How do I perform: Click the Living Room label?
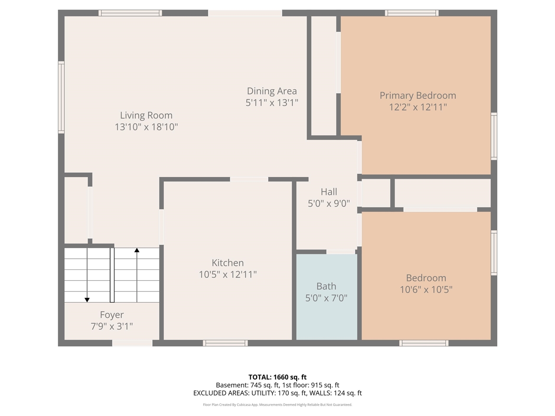[146, 115]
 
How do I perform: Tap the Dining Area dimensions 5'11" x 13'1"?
[272, 103]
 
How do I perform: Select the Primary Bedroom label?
[418, 95]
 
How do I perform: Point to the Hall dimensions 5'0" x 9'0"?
[329, 203]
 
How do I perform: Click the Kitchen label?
[228, 263]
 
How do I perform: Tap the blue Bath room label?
[326, 286]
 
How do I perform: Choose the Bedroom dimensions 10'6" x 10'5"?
[426, 289]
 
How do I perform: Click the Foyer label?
[112, 315]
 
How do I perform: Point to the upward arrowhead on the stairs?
[137, 250]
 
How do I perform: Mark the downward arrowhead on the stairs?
[87, 299]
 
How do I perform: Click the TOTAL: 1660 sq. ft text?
[277, 377]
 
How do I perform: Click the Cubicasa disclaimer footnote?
[277, 405]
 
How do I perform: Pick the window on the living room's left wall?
[61, 97]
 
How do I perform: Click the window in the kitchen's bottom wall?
[225, 343]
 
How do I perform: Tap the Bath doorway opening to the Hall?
[341, 252]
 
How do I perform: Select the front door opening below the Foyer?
[132, 343]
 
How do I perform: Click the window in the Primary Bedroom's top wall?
[411, 13]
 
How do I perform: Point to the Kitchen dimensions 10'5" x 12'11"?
[228, 274]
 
